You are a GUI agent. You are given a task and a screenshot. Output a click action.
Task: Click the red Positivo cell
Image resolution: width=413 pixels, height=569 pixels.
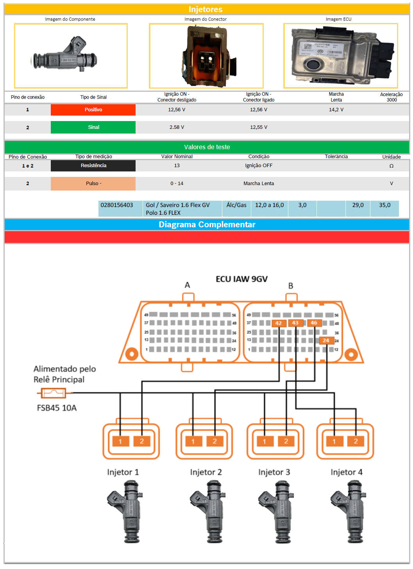93,110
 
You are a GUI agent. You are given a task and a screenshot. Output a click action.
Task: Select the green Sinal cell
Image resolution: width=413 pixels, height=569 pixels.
93,127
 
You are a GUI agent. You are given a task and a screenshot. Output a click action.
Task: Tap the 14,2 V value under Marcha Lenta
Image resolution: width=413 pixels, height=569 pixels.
336,110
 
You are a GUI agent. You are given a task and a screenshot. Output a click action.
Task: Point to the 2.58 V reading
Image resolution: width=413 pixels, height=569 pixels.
177,127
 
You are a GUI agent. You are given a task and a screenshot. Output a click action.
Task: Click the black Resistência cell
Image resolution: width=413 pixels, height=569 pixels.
93,166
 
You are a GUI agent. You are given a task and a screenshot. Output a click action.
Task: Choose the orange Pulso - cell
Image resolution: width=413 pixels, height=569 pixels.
93,184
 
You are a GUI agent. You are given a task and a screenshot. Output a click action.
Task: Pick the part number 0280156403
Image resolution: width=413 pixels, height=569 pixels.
117,205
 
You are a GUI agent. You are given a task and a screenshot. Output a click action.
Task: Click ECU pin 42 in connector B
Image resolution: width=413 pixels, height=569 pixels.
278,323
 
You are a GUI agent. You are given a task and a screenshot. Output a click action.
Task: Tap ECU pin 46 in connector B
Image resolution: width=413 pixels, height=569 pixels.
314,323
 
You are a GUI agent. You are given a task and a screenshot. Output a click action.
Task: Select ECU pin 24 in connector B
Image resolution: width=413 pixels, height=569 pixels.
325,341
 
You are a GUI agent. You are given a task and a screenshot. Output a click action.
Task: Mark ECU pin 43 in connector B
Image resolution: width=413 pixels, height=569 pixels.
295,323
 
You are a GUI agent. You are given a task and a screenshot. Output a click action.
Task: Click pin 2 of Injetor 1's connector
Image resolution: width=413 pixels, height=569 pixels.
141,441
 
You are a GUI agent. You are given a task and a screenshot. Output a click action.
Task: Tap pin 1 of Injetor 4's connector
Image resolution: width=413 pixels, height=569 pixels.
334,441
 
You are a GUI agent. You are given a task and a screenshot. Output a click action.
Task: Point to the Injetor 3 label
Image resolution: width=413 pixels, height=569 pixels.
274,472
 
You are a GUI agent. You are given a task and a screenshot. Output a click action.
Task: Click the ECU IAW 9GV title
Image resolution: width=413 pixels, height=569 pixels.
241,279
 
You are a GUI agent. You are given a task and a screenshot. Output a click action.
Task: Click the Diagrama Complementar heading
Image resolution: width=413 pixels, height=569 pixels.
207,225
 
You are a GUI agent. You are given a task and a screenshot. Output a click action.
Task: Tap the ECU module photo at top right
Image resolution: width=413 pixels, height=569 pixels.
341,55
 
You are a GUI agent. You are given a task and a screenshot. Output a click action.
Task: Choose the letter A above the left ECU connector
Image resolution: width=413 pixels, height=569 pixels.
188,285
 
